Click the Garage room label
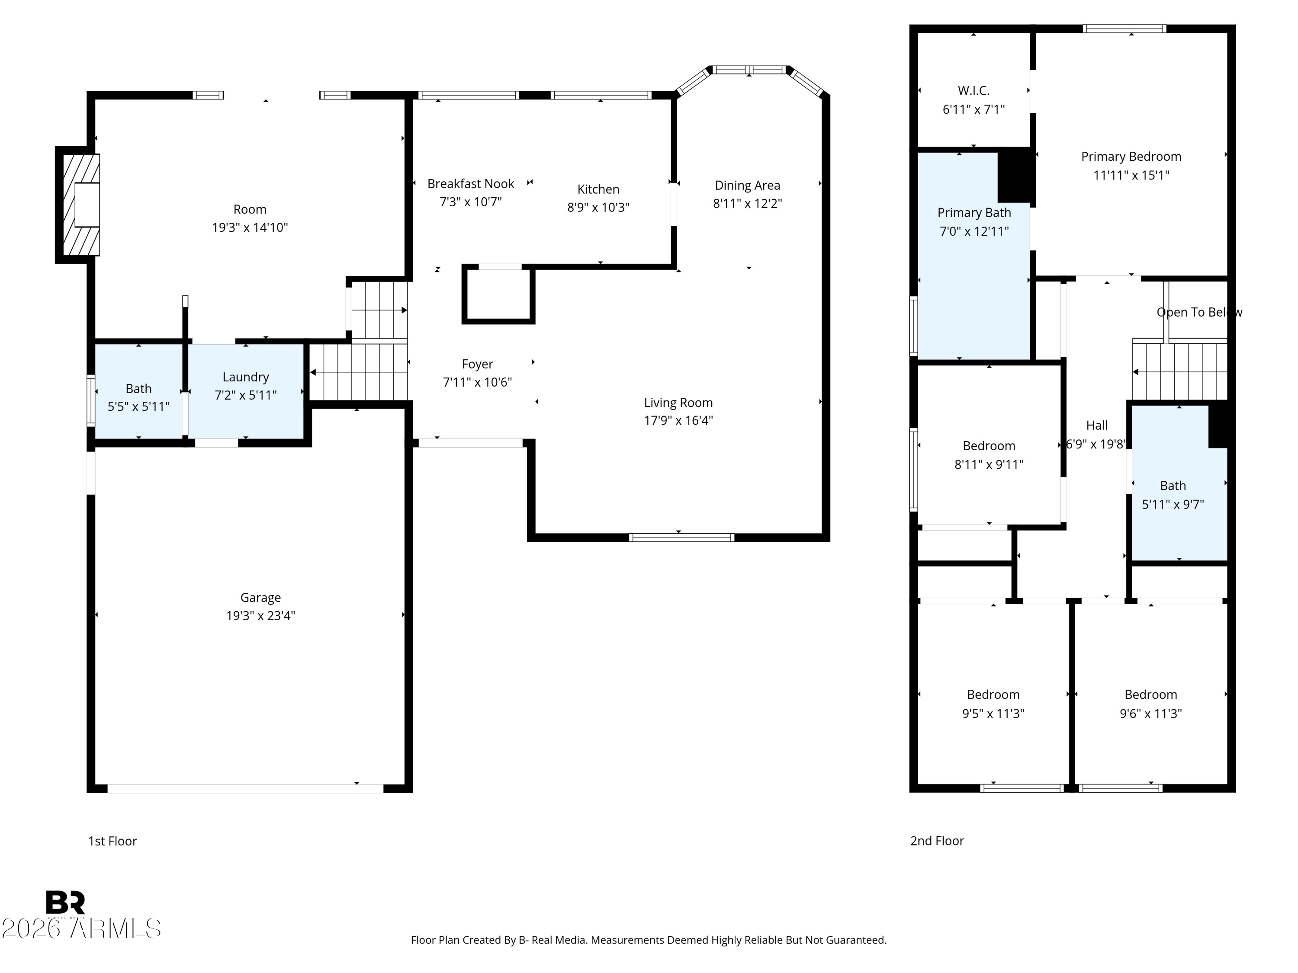(x=260, y=597)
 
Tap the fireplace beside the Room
(x=78, y=205)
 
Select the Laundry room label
(x=245, y=377)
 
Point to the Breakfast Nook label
(x=471, y=184)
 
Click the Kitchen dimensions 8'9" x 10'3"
(x=598, y=207)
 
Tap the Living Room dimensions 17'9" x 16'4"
(x=678, y=420)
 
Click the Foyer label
(x=477, y=364)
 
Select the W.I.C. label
(x=973, y=90)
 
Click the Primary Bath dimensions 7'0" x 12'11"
(x=974, y=231)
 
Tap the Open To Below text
(x=1199, y=312)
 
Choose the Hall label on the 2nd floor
(x=1097, y=425)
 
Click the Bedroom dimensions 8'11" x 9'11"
(x=989, y=464)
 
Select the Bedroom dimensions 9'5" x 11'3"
(x=993, y=713)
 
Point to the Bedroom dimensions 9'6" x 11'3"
(x=1151, y=713)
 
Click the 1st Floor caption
(x=112, y=841)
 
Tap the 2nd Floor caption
(x=937, y=841)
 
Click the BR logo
(x=65, y=903)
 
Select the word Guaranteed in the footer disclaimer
(x=856, y=940)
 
